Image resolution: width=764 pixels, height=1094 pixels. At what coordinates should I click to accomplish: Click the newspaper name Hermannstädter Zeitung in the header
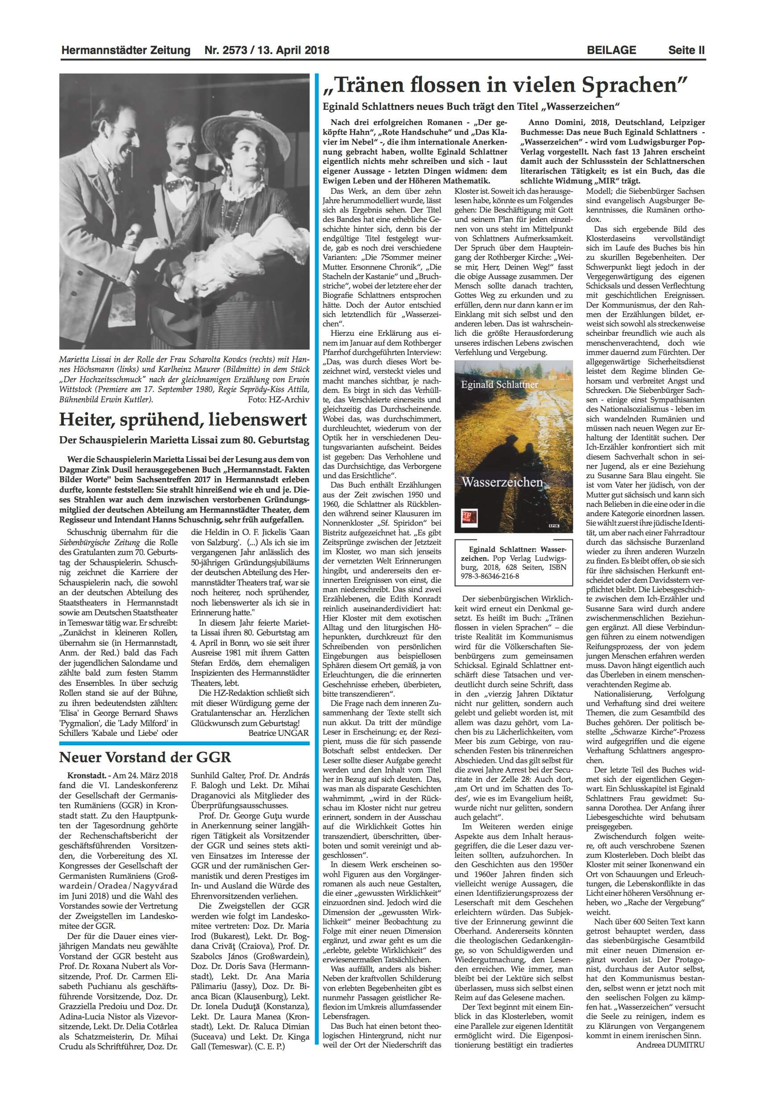(x=126, y=50)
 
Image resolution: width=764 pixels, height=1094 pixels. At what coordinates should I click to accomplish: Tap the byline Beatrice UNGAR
(x=278, y=732)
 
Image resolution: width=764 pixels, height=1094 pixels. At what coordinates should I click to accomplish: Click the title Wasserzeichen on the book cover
(x=502, y=482)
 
